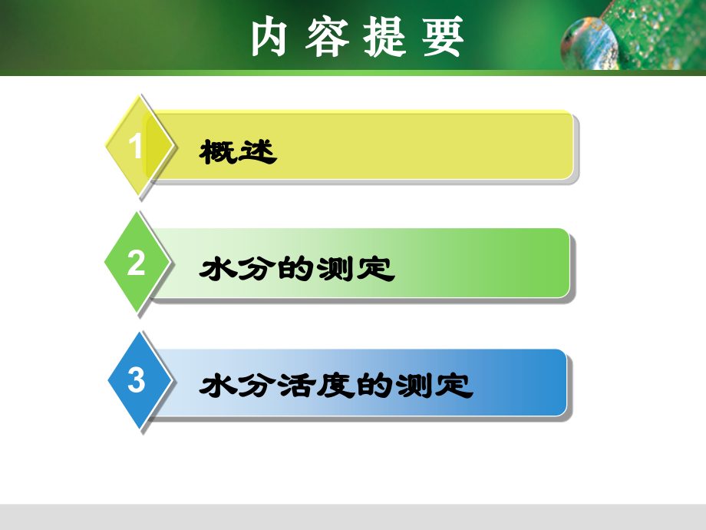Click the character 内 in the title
pyautogui.click(x=269, y=36)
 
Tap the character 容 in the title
pyautogui.click(x=327, y=36)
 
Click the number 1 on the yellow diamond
pyautogui.click(x=136, y=146)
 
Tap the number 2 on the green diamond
pyautogui.click(x=136, y=263)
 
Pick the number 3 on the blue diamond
pyautogui.click(x=136, y=380)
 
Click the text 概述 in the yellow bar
pyautogui.click(x=237, y=151)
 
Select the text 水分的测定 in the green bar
pyautogui.click(x=296, y=269)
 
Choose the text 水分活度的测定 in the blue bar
pyautogui.click(x=335, y=386)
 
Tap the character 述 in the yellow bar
pyautogui.click(x=257, y=151)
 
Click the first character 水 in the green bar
pyautogui.click(x=217, y=269)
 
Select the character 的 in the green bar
pyautogui.click(x=296, y=269)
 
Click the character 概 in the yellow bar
pyautogui.click(x=217, y=151)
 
